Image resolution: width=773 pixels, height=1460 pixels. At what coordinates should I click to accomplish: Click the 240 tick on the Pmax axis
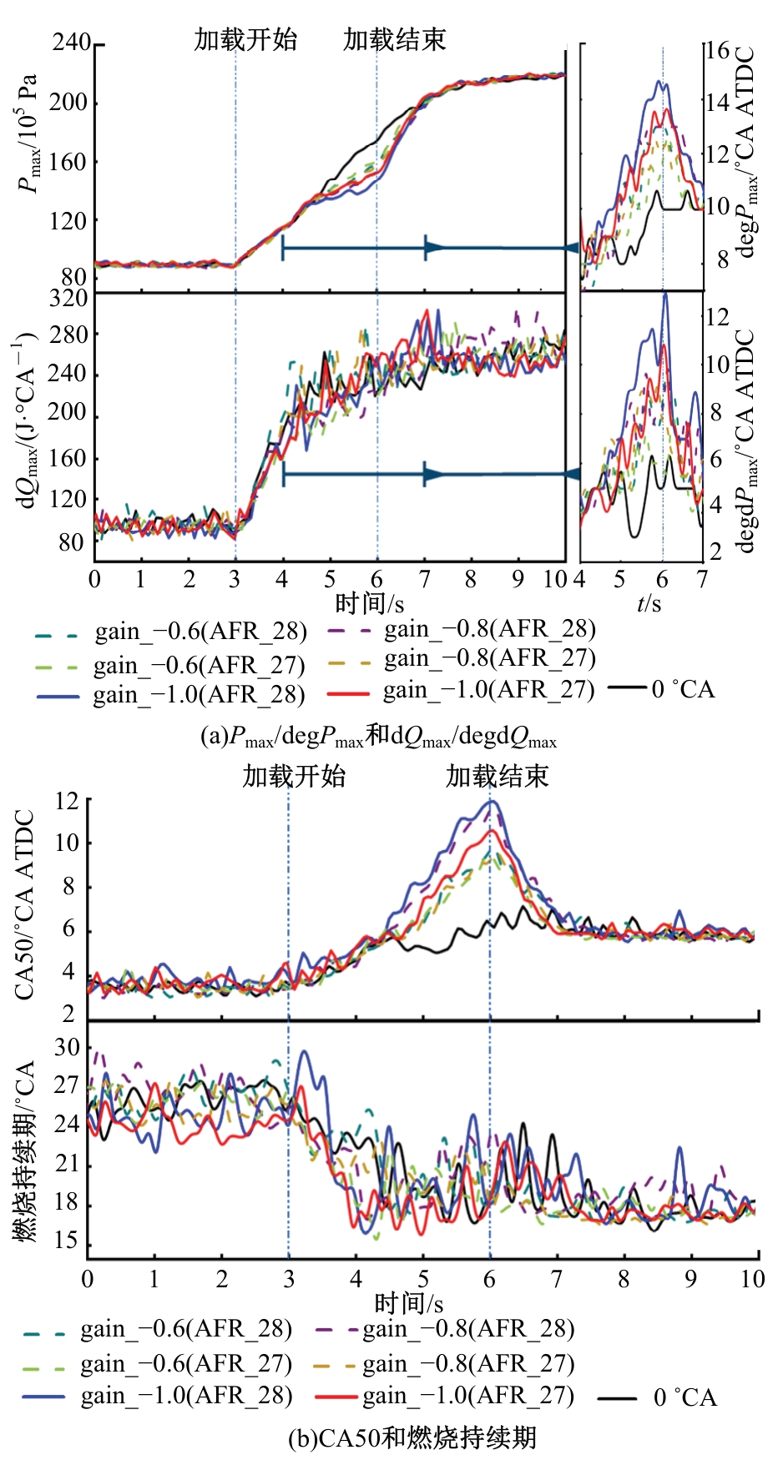point(71,42)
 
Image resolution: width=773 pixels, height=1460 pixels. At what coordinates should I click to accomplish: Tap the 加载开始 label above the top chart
point(245,39)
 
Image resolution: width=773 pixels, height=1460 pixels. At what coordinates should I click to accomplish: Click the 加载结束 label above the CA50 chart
point(497,777)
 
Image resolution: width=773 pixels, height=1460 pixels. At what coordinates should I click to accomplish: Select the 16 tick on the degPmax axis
point(717,50)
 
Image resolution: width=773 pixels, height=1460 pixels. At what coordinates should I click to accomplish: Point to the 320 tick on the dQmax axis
point(68,299)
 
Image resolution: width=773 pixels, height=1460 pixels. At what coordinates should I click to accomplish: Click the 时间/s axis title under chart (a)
point(370,602)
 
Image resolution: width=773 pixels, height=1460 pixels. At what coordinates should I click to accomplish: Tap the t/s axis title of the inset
point(649,602)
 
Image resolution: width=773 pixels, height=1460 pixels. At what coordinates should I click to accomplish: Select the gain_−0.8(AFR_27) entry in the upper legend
point(489,659)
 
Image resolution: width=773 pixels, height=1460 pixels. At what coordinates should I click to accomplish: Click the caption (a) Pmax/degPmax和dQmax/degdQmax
point(378,737)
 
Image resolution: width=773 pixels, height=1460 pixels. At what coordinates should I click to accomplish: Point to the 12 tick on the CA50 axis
point(67,801)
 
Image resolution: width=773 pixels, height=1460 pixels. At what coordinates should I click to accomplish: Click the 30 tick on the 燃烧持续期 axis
point(67,1048)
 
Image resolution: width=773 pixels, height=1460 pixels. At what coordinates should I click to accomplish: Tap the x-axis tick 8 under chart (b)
point(624,1278)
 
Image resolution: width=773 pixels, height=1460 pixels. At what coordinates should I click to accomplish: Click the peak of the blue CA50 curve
point(493,802)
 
